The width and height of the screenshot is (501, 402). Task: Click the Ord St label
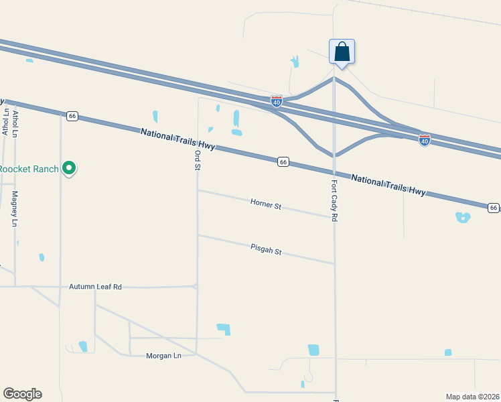click(x=198, y=160)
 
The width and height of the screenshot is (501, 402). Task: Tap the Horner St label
click(x=266, y=203)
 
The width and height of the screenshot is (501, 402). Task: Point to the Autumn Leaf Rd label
click(x=95, y=287)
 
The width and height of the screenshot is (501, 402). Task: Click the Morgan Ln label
click(x=163, y=356)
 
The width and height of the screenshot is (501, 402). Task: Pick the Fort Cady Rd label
click(x=334, y=201)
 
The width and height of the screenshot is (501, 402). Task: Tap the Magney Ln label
click(x=14, y=209)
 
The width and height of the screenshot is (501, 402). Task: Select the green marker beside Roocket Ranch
click(x=69, y=168)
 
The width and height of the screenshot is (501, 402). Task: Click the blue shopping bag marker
click(x=342, y=52)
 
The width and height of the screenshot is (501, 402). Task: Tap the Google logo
click(x=22, y=394)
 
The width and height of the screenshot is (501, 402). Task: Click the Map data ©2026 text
click(x=472, y=397)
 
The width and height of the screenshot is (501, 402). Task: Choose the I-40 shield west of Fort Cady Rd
click(x=277, y=100)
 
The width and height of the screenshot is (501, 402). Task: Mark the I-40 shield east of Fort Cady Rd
click(x=424, y=139)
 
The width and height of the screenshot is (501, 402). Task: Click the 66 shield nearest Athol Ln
click(x=72, y=116)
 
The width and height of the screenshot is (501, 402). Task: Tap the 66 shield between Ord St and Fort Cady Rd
click(x=284, y=162)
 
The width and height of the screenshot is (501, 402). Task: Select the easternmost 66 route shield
click(x=494, y=208)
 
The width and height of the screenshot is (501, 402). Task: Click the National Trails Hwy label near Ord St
click(x=177, y=141)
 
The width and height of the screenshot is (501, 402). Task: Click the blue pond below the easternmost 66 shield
click(x=462, y=217)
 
